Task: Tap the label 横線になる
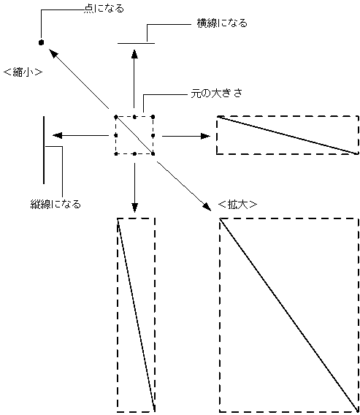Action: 222,23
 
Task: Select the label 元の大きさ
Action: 216,95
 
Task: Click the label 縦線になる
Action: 50,203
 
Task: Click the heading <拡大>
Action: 237,205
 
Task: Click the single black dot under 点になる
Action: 42,42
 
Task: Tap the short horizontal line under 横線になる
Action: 136,44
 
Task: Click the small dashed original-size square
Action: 134,135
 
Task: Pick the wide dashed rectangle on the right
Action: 288,134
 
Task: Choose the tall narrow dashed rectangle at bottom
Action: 136,314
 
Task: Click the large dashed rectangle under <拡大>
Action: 288,314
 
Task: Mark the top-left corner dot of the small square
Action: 115,117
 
